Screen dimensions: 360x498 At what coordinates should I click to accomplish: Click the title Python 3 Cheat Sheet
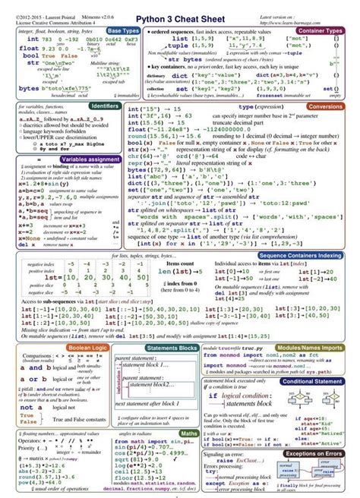point(180,16)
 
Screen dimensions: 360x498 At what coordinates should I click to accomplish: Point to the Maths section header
point(189,433)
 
